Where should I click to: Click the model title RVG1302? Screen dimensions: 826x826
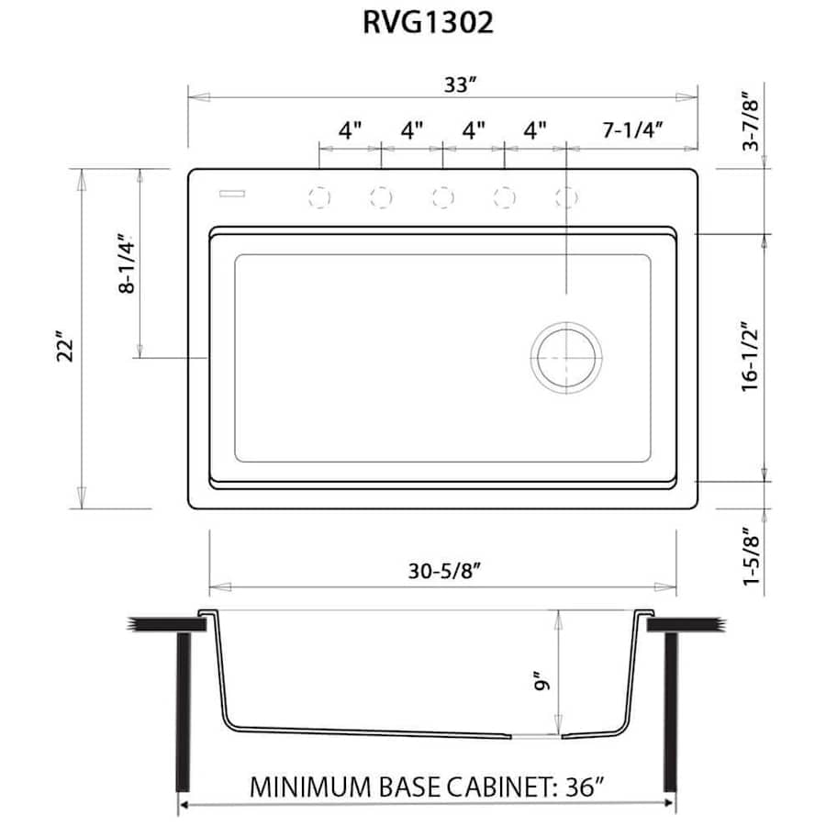(x=428, y=22)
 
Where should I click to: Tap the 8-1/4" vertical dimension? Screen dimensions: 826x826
(x=127, y=264)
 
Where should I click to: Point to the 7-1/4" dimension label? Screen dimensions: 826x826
(x=633, y=130)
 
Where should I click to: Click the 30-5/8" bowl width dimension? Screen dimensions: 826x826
(x=444, y=571)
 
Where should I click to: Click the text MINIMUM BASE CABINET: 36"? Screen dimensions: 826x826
(x=428, y=787)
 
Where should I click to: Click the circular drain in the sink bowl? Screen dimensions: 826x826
(x=567, y=356)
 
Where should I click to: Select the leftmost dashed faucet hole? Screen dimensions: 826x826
(x=319, y=196)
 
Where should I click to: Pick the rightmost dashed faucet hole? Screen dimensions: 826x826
(x=567, y=196)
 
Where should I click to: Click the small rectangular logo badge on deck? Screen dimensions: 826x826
(x=231, y=194)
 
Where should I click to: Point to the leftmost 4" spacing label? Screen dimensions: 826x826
(x=350, y=130)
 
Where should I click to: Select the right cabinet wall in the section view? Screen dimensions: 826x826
(x=670, y=711)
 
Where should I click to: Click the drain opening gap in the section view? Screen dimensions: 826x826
(x=536, y=735)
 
